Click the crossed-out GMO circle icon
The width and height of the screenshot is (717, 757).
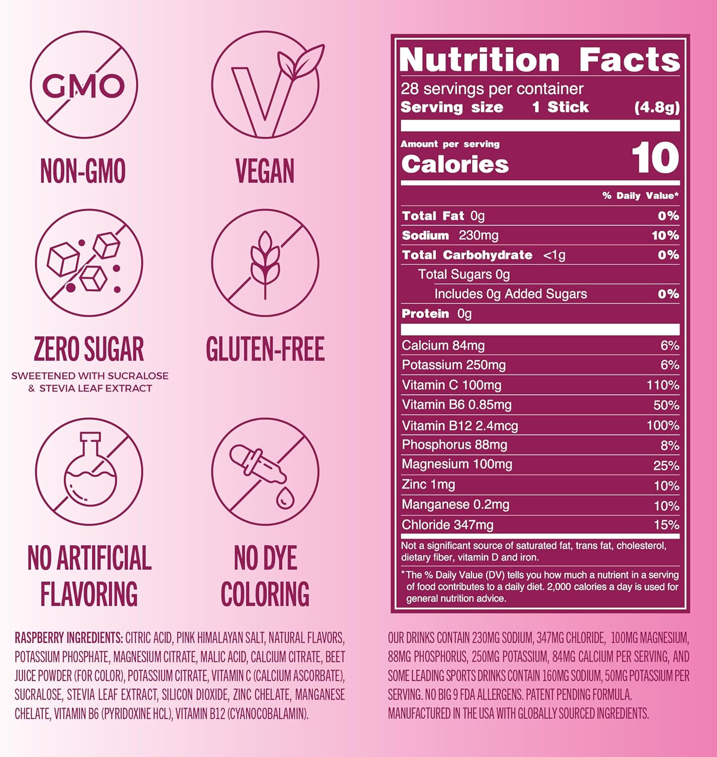pos(83,84)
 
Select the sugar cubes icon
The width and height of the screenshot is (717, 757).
pos(89,263)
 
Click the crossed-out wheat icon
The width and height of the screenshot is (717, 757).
pos(265,263)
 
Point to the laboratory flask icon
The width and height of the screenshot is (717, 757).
pos(89,472)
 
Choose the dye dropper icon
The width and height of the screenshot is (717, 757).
pos(265,472)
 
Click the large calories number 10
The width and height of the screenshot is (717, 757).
pos(654,158)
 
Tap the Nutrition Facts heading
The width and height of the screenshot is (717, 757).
pos(539,60)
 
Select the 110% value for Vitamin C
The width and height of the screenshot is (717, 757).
pos(663,386)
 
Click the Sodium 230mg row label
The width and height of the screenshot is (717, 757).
pos(450,236)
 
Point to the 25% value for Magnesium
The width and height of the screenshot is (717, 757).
pos(666,465)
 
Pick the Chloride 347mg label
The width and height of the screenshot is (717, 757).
pos(448,525)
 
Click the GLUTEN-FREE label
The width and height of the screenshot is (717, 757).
pos(265,349)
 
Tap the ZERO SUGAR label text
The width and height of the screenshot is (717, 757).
pos(89,349)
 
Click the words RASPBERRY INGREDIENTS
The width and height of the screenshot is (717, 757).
pos(69,638)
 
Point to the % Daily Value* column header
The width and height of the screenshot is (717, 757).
pos(640,196)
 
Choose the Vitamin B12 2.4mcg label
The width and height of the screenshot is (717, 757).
pos(460,426)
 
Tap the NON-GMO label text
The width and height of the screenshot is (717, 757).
pos(83,171)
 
